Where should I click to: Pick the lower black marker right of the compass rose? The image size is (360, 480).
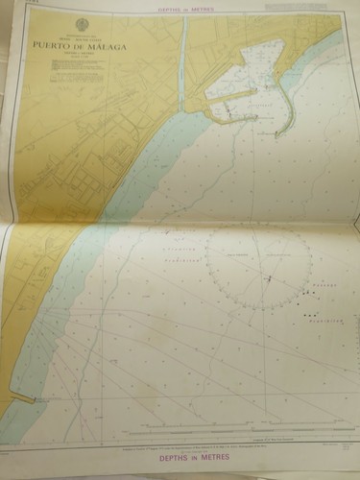coord(309,315)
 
